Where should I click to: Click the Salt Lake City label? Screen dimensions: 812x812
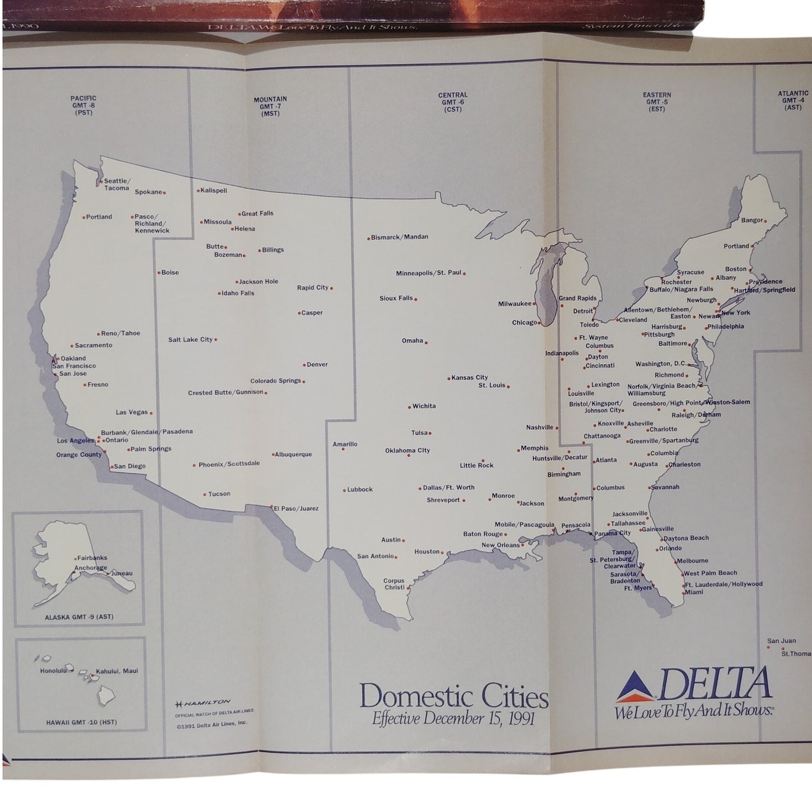190,339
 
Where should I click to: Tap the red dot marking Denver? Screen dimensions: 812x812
305,365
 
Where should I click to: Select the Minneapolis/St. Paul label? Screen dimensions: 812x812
428,273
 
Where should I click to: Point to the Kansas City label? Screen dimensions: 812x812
470,378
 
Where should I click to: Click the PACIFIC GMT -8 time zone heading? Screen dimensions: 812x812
84,105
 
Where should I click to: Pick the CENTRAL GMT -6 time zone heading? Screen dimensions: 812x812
453,102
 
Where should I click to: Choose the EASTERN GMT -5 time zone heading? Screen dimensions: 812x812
657,102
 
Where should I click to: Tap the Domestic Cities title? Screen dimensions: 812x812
454,697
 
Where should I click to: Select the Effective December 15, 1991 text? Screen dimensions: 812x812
453,718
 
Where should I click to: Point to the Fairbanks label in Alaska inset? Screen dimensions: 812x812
92,558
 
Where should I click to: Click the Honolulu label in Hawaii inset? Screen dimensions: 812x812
53,670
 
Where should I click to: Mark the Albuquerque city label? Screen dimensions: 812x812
293,454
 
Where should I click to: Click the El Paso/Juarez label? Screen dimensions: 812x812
296,509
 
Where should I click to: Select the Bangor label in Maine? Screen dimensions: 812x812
752,220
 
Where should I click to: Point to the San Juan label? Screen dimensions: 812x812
781,641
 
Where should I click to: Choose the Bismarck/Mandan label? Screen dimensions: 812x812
400,237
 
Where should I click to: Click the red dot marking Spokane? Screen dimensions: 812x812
165,193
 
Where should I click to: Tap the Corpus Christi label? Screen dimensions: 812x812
394,584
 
